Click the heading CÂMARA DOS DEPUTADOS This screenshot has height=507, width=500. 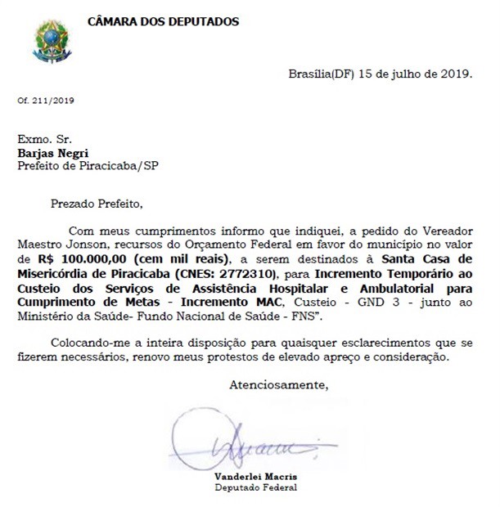click(x=164, y=21)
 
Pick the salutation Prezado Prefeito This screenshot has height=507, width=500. click(x=97, y=203)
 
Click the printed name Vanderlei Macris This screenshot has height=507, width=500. click(x=255, y=477)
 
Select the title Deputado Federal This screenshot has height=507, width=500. click(x=255, y=487)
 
